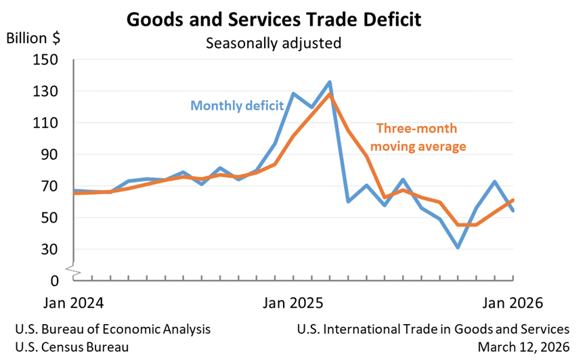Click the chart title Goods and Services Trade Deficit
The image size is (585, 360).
(274, 19)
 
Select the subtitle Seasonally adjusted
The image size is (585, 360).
(274, 43)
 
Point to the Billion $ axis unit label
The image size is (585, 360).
(33, 38)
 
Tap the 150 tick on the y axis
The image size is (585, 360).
(46, 60)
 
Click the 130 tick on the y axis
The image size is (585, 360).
(46, 91)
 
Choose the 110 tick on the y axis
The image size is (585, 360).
(46, 123)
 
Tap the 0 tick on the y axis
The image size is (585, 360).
(54, 280)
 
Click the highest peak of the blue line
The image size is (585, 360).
(330, 82)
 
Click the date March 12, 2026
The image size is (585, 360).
(523, 346)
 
